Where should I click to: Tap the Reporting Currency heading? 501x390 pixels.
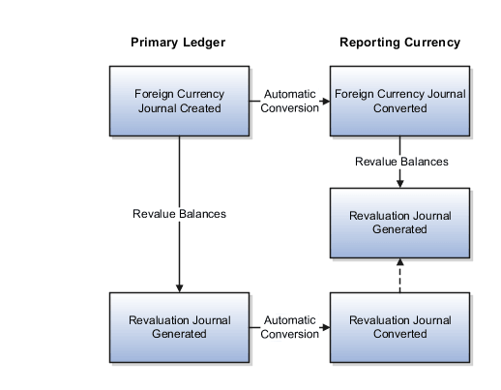coord(399,43)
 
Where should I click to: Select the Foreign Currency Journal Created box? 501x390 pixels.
coord(179,101)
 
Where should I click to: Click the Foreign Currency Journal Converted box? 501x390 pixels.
coord(399,101)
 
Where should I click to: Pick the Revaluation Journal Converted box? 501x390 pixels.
coord(399,326)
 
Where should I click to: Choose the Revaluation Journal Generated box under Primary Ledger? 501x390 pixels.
coord(179,326)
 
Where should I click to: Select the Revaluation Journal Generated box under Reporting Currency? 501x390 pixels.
coord(399,222)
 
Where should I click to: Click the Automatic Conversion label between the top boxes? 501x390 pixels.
coord(291,101)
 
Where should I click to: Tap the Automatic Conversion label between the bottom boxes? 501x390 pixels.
coord(291,326)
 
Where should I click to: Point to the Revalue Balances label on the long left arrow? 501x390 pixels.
coord(179,213)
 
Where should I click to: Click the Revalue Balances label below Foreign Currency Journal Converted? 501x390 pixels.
coord(400,162)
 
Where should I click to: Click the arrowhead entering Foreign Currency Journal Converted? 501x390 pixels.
coord(326,101)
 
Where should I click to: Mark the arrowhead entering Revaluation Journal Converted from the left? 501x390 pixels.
coord(326,327)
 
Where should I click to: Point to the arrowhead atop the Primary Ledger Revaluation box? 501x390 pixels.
coord(179,287)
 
